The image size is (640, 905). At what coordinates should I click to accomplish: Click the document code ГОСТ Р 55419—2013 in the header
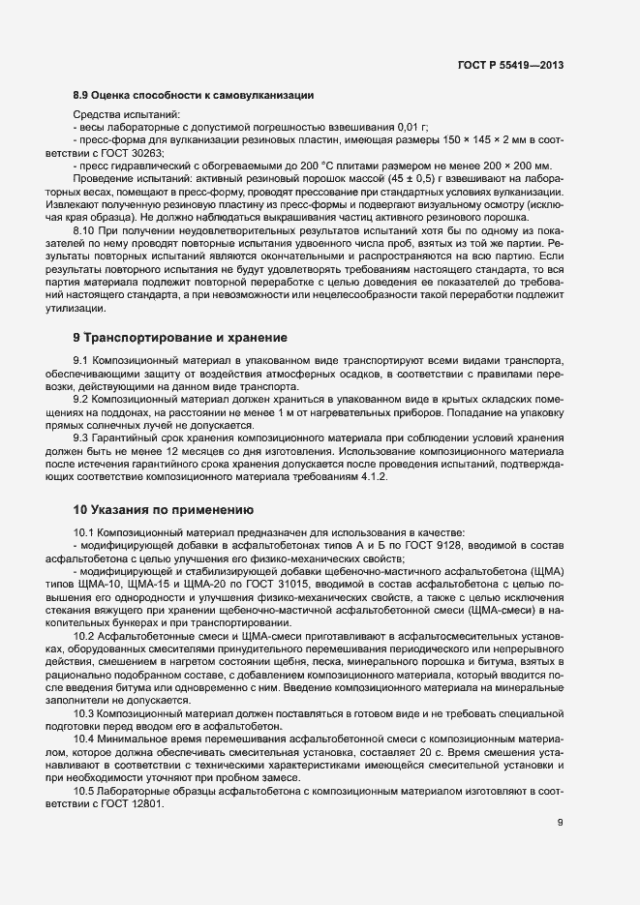[x=509, y=66]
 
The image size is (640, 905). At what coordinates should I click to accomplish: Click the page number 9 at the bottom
[x=561, y=823]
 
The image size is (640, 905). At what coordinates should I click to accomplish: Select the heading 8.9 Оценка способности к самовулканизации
[x=193, y=95]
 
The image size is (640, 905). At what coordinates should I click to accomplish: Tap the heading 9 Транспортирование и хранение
[x=180, y=338]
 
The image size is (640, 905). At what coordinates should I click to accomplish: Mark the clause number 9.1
[x=82, y=361]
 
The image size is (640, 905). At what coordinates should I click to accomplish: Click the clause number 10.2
[x=85, y=636]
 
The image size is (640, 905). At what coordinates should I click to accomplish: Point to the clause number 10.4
[x=85, y=738]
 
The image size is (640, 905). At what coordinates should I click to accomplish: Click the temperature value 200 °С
[x=264, y=166]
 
